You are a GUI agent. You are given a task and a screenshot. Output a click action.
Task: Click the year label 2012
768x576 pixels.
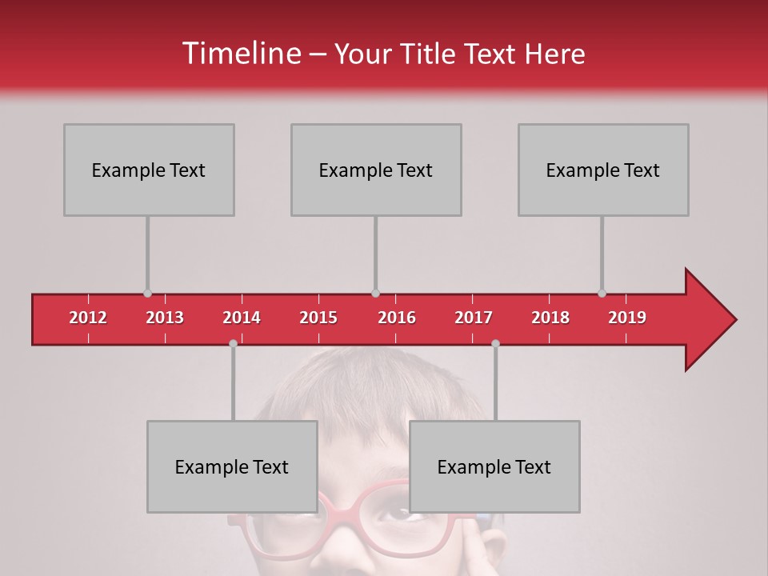click(x=88, y=318)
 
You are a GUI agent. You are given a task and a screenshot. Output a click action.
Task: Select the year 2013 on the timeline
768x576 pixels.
click(x=165, y=318)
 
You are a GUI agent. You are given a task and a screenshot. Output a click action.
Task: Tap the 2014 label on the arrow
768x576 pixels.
click(x=242, y=318)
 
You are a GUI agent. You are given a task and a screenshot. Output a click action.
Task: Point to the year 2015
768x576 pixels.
click(x=318, y=318)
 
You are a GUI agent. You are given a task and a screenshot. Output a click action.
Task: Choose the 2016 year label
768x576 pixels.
click(x=397, y=318)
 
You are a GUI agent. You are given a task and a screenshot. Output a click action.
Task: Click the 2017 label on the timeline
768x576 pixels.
click(x=474, y=318)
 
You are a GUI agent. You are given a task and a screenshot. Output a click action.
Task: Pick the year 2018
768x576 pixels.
click(x=550, y=318)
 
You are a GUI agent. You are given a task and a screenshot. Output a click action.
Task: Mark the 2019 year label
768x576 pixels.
click(x=627, y=318)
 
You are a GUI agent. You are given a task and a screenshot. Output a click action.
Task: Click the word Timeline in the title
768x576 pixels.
click(x=241, y=54)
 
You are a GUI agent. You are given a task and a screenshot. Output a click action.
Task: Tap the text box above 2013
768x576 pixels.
click(x=149, y=170)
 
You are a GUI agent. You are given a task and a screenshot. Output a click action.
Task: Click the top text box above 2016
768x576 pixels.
click(x=376, y=170)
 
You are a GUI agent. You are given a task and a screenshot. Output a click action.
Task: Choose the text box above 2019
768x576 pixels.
click(x=603, y=170)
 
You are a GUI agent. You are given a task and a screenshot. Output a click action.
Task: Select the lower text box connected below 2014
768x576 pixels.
click(x=232, y=466)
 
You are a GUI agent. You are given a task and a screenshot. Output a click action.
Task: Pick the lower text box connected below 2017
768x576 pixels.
click(x=494, y=466)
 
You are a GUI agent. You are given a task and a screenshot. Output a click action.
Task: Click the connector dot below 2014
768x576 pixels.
click(x=233, y=344)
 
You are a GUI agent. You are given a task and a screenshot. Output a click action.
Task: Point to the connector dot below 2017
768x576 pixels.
click(x=495, y=344)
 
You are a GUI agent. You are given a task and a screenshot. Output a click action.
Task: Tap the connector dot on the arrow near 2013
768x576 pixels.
click(x=147, y=294)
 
